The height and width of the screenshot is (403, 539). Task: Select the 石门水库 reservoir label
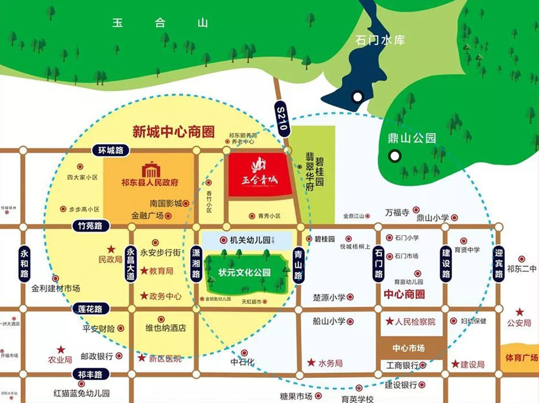click(x=380, y=40)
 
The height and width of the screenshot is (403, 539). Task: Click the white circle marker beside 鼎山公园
click(x=394, y=156)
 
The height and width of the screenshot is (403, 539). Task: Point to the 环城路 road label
click(x=110, y=151)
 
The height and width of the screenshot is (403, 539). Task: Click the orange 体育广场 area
click(x=519, y=358)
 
